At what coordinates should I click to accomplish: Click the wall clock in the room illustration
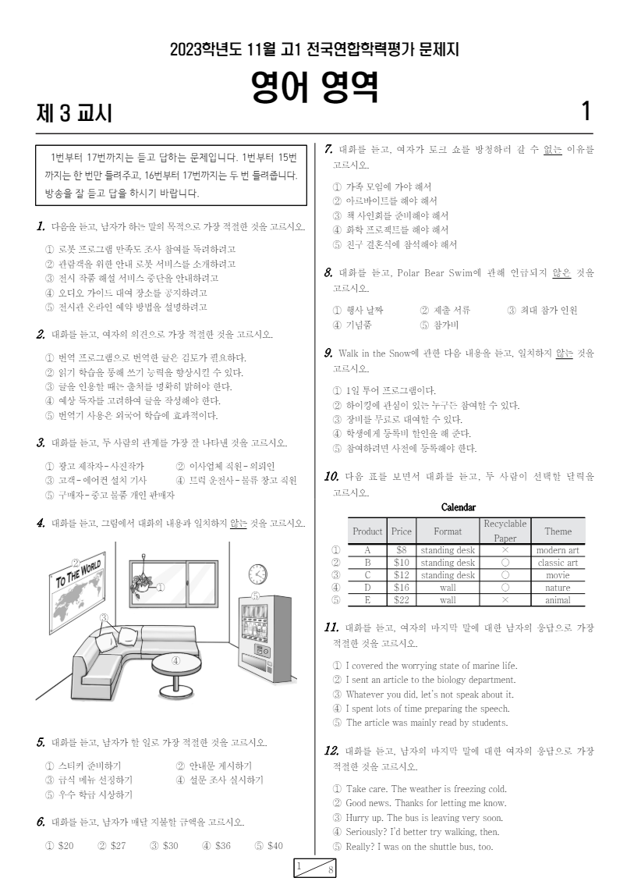257,574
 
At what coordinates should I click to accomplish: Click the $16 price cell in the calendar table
402,588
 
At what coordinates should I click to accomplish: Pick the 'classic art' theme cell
558,563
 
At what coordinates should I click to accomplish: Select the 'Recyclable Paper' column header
505,531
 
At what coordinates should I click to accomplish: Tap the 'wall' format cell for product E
448,600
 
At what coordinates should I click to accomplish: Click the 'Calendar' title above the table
459,507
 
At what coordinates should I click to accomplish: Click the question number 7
328,150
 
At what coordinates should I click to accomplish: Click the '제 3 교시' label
74,113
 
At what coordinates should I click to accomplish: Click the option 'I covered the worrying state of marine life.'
425,666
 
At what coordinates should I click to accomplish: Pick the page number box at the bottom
314,868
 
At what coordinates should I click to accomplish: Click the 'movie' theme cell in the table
558,575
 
